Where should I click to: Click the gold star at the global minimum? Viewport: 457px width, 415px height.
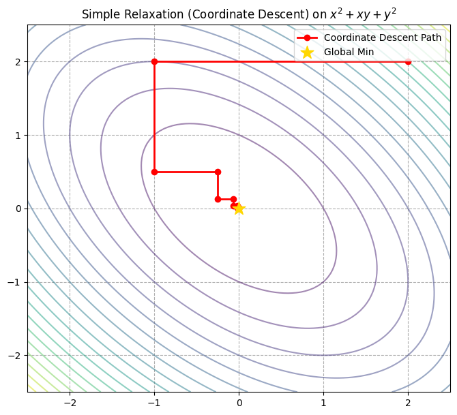[239, 209]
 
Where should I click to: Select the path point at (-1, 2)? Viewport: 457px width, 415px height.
[154, 61]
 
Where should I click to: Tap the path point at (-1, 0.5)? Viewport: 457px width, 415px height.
[154, 172]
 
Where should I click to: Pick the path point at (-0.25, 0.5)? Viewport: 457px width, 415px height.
[218, 172]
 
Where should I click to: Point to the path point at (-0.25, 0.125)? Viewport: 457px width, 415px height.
[218, 199]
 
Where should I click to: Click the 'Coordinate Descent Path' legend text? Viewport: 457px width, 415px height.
[382, 37]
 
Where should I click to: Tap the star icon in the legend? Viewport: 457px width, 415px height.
[307, 52]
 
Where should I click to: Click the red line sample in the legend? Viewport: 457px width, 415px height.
[307, 37]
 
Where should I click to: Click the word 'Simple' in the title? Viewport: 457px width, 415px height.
[99, 14]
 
